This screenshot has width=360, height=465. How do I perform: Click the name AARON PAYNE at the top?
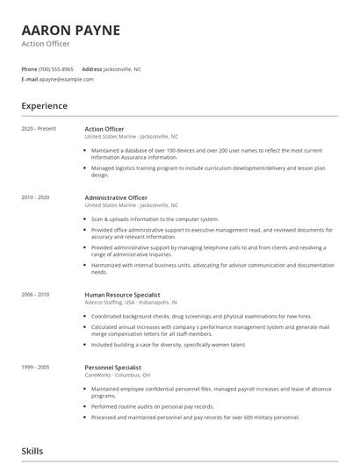click(71, 30)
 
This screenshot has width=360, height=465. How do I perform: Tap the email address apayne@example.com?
click(66, 79)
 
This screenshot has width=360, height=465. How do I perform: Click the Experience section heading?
click(44, 106)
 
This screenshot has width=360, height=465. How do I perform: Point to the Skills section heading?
click(33, 450)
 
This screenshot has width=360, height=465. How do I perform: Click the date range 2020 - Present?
click(39, 129)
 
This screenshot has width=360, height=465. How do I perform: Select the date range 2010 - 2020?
click(35, 197)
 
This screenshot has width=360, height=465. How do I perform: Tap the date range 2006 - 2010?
click(35, 295)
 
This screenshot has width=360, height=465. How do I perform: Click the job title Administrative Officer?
click(116, 197)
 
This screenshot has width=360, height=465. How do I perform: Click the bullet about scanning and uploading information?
click(155, 218)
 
